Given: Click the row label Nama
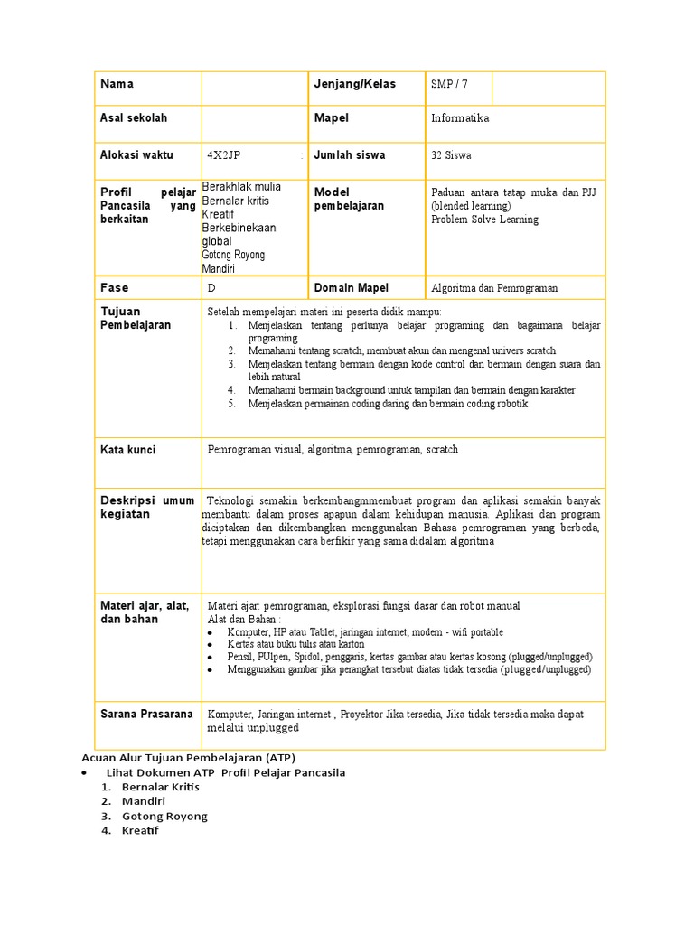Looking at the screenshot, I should click(x=117, y=84).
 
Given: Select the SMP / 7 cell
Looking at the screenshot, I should click(x=450, y=84).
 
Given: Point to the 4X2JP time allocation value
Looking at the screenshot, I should click(x=223, y=155).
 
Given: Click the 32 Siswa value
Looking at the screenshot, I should click(x=451, y=155).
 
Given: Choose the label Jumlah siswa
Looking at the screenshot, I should click(x=349, y=155).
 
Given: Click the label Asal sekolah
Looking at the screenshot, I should click(x=134, y=118).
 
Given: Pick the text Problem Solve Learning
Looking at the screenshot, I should click(x=484, y=220).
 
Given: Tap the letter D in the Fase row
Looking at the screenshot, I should click(x=211, y=288).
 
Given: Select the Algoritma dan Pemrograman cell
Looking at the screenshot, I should click(x=494, y=288).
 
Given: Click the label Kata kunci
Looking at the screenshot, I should click(x=127, y=450).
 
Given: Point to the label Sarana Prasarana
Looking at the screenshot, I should click(x=146, y=715).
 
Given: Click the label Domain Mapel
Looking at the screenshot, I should click(x=351, y=288).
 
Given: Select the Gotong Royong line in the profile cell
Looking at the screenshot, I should click(x=233, y=256).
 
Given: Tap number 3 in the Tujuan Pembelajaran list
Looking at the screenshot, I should click(x=231, y=364).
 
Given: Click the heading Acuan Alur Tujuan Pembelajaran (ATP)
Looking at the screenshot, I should click(x=188, y=757).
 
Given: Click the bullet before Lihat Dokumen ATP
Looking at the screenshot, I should click(x=84, y=772).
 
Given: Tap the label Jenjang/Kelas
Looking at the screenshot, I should click(x=355, y=84).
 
